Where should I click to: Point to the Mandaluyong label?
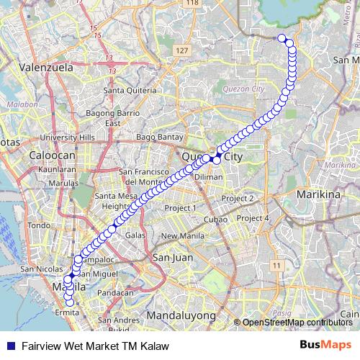tap(181, 315)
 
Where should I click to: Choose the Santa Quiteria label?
tap(130, 91)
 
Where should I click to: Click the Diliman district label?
tap(209, 176)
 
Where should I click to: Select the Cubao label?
tap(215, 219)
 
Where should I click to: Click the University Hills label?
tap(68, 138)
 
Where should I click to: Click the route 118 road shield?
tap(192, 4)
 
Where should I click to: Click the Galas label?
tap(135, 235)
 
